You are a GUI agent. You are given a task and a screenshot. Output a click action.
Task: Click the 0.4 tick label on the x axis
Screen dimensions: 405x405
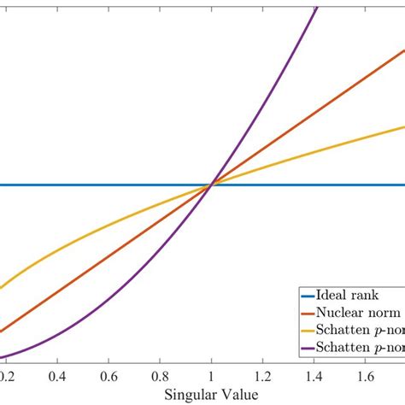coord(57,375)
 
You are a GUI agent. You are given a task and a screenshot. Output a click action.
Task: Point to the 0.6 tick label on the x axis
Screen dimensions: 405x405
coord(109,375)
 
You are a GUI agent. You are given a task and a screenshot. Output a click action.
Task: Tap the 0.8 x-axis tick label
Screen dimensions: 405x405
coord(160,375)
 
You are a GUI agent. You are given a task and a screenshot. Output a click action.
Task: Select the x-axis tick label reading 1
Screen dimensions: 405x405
coord(211,375)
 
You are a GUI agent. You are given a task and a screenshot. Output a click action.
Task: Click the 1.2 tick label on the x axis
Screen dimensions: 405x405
coord(262,375)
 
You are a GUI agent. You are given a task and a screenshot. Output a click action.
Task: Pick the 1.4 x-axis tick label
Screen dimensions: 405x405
coord(314,375)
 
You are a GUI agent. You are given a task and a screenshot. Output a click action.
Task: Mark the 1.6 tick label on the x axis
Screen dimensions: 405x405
coord(365,375)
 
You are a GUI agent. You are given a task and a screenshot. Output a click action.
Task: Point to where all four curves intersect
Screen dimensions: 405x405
coord(211,185)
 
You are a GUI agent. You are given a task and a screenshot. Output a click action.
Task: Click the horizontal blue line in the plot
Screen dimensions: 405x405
coord(103,185)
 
